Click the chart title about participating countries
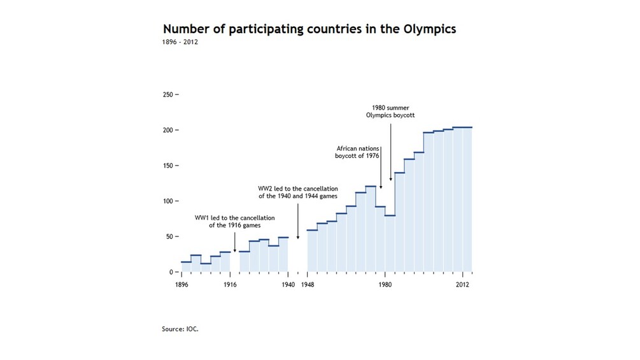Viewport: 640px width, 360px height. [309, 29]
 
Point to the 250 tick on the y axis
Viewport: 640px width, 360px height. [168, 95]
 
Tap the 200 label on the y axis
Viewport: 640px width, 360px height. [168, 130]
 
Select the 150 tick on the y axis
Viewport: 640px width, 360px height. [168, 166]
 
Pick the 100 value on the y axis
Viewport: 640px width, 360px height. [168, 201]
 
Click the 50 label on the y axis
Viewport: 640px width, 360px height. [170, 236]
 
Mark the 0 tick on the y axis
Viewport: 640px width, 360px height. [172, 272]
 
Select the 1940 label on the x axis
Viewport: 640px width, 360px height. [287, 285]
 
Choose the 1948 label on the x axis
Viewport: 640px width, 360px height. [308, 285]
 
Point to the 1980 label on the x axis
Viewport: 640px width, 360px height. [385, 285]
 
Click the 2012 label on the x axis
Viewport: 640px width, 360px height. [462, 285]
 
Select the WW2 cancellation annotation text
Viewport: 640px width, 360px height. [297, 192]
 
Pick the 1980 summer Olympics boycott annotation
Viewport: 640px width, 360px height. [390, 112]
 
